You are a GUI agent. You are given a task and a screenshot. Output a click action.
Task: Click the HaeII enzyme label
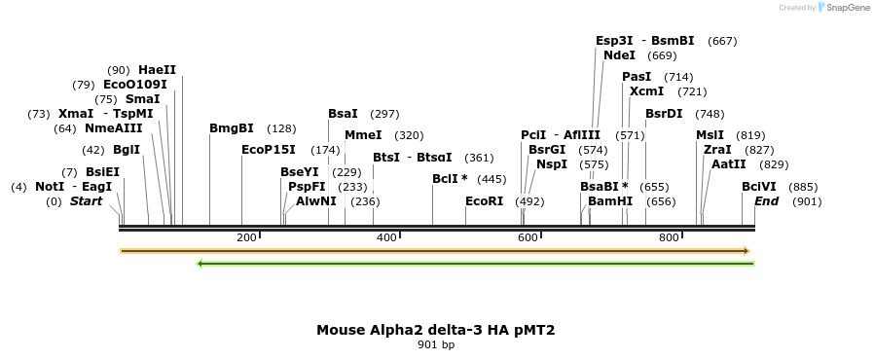click(x=157, y=70)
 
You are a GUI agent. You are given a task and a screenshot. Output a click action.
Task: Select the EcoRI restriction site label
click(x=484, y=201)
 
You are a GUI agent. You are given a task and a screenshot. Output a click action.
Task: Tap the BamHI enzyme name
click(x=610, y=201)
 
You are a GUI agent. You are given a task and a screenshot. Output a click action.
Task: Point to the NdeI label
click(x=619, y=55)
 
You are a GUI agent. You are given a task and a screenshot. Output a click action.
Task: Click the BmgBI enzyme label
click(x=232, y=128)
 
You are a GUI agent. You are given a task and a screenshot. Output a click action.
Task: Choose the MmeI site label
click(x=363, y=135)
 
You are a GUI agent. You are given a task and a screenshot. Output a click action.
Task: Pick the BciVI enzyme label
click(x=759, y=186)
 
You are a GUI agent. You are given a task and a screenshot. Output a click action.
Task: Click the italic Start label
click(x=86, y=201)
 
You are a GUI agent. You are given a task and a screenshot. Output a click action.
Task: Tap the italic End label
click(x=766, y=201)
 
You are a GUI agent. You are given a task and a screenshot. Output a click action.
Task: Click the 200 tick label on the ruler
click(x=246, y=237)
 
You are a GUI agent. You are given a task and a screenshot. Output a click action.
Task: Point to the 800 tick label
click(x=669, y=237)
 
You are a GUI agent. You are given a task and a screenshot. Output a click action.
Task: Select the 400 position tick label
click(x=386, y=237)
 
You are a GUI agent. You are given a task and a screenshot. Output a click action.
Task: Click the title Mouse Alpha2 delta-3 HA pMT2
click(x=436, y=330)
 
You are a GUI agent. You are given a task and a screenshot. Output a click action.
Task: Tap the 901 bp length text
click(x=436, y=344)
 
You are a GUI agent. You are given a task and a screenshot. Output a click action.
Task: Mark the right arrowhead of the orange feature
click(x=747, y=251)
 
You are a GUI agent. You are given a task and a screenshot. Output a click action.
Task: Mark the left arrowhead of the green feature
click(x=200, y=263)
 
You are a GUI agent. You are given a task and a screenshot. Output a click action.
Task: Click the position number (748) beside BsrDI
click(x=710, y=114)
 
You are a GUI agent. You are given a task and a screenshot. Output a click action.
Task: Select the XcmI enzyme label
click(x=646, y=91)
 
